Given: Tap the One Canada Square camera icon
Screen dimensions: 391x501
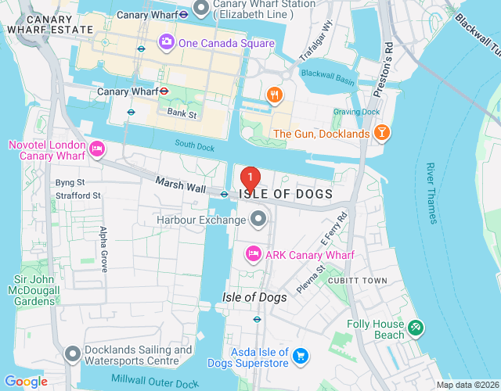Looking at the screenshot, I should (166, 42).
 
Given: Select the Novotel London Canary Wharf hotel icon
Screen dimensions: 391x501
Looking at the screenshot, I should (97, 147).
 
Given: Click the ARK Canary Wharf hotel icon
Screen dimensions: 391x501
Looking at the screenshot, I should (254, 254).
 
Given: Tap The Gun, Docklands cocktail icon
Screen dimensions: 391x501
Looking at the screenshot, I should (381, 133).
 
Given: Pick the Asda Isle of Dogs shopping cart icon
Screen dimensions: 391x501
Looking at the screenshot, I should (300, 357).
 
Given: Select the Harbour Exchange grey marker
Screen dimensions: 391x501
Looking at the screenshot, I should (257, 218).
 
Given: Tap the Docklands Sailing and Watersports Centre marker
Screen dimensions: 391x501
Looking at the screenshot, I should (73, 355).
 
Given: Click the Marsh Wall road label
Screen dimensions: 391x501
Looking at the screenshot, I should (181, 188).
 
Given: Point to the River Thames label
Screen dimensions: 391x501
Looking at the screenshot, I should (431, 192).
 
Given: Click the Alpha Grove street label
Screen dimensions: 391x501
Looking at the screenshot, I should (103, 249).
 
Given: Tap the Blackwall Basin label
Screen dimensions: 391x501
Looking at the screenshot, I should (329, 74).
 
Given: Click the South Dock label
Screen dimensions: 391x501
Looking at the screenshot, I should (194, 144).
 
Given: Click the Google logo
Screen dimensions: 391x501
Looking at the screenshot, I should (26, 381).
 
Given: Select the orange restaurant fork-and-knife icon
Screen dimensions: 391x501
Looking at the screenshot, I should (273, 95).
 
